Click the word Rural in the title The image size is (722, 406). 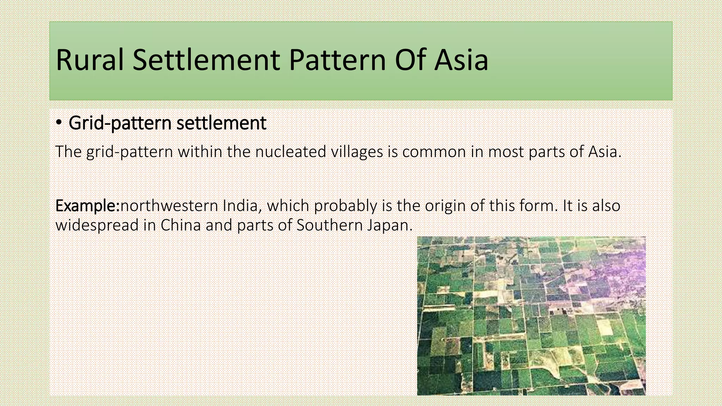(90, 60)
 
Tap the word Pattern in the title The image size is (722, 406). (337, 60)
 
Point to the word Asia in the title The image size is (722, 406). (461, 60)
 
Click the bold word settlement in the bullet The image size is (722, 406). (221, 123)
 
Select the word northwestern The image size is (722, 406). (169, 206)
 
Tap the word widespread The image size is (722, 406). (97, 225)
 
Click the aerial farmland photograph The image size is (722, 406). (531, 316)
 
